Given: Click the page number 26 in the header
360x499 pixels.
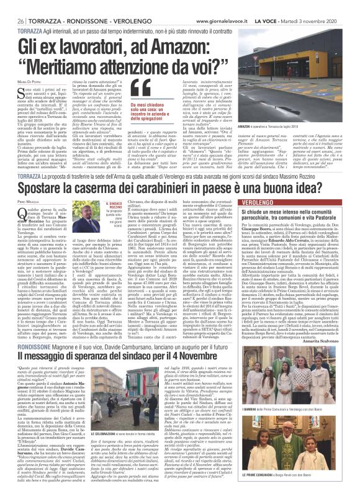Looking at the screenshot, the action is pyautogui.click(x=12, y=6).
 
